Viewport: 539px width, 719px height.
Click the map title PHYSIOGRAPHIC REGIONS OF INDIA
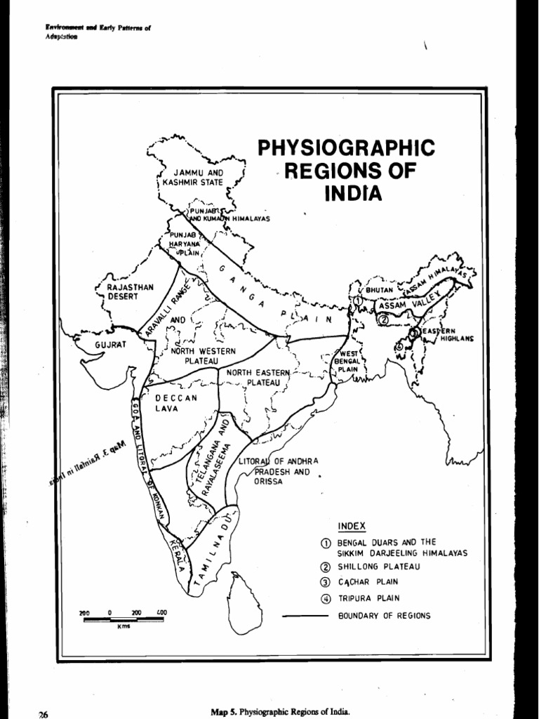[x=346, y=170]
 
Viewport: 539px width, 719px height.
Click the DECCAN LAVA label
[x=176, y=403]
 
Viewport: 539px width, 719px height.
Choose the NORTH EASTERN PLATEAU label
[x=253, y=377]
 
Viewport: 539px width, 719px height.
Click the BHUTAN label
[x=378, y=289]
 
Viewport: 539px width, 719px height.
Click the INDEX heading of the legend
[x=352, y=526]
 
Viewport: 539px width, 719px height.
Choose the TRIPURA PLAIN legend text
[x=369, y=599]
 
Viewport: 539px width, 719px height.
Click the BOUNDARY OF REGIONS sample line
[x=305, y=616]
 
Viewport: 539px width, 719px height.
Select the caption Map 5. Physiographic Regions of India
[x=279, y=711]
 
